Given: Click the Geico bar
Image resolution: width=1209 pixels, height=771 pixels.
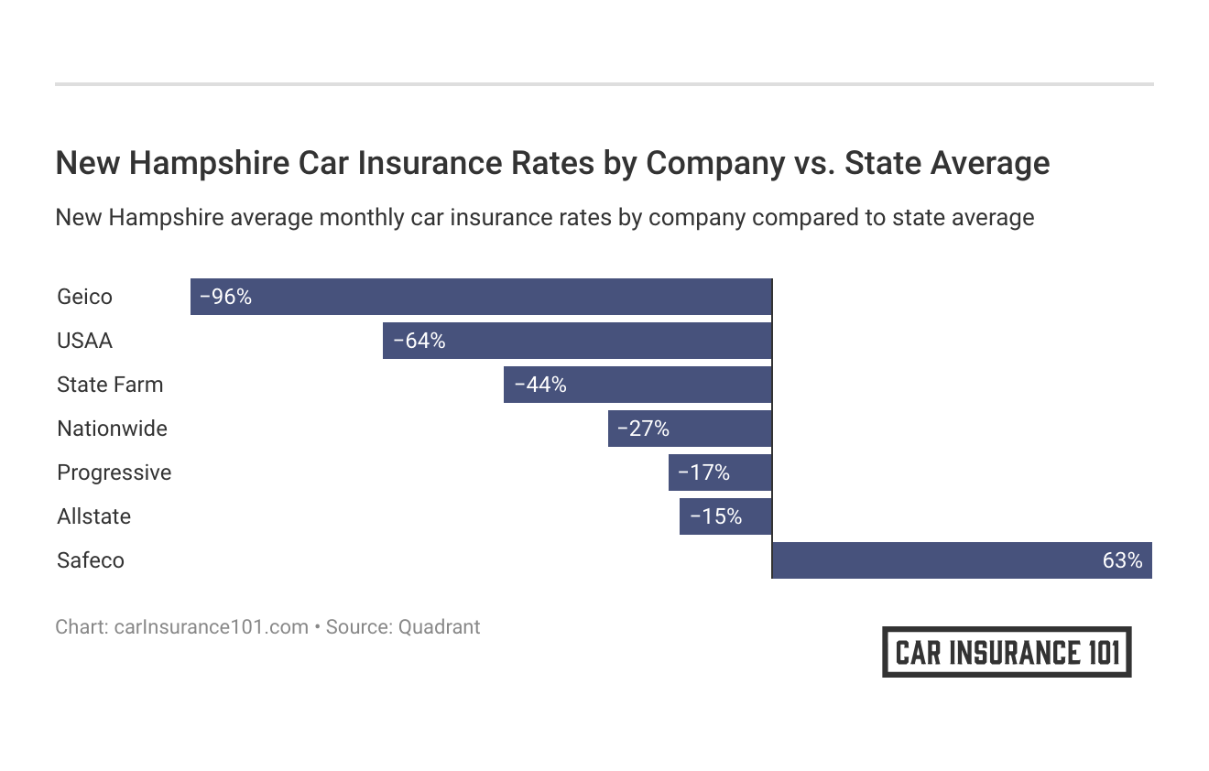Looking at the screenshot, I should point(481,297).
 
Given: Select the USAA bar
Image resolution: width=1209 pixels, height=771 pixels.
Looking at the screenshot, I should point(577,341).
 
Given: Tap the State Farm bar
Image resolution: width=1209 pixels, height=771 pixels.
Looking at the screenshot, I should point(637,385).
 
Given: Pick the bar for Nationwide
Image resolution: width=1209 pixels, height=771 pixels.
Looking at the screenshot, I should point(690,429).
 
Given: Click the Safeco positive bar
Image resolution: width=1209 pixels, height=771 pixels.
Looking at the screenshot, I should point(962,560).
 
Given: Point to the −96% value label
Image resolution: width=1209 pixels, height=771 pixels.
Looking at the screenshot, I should point(225,297).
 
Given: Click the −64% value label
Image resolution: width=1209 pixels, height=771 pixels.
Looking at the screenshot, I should point(419,341).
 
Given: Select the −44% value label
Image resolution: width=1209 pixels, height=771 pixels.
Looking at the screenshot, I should point(540,385).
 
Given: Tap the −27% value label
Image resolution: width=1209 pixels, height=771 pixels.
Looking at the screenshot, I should point(643,429).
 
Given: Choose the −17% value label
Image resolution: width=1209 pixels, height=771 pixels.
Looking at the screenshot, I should point(703,472).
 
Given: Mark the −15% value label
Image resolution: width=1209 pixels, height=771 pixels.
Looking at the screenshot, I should point(715,516).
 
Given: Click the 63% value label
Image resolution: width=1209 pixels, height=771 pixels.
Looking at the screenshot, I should point(1122,560).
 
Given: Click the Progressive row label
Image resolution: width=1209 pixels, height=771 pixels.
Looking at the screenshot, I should point(114,472).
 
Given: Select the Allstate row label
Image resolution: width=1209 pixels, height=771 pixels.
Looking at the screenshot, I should point(93,516).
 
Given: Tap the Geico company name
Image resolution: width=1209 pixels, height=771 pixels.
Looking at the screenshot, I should point(84,297).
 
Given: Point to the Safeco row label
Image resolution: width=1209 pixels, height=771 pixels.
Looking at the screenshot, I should point(90,560).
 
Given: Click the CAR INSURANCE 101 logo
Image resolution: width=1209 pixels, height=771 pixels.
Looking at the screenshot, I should point(1007,652).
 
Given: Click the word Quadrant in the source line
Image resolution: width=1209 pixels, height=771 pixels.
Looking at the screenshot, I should point(439,627).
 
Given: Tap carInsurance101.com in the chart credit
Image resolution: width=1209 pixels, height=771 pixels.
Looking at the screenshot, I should point(211,627).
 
